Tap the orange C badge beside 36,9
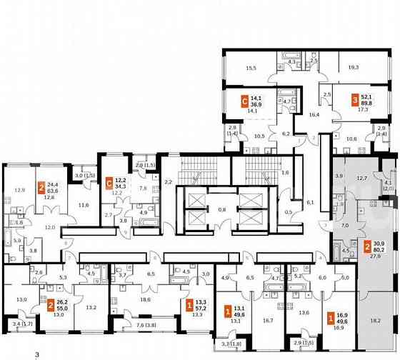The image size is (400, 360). pos(244,102)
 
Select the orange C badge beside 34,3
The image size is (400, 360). pos(110,182)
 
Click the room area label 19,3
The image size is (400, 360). pos(353,66)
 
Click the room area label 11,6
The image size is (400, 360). pos(84,206)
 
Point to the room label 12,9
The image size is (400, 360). pos(20,190)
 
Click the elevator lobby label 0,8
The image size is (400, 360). pos(221,210)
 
